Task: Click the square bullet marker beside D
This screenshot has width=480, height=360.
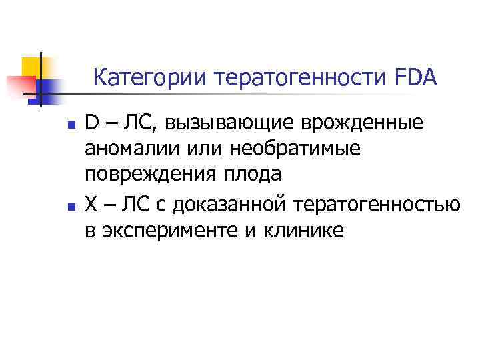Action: click(x=61, y=125)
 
